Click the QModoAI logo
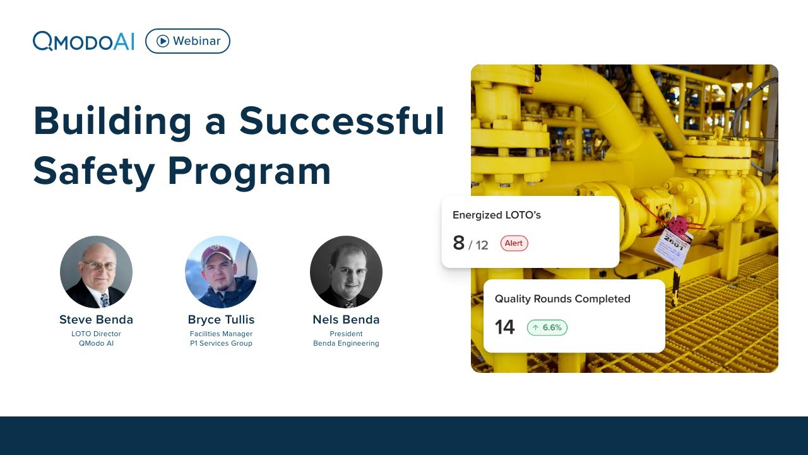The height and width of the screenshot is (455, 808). [x=83, y=41]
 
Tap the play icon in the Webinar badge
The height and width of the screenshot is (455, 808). [x=163, y=41]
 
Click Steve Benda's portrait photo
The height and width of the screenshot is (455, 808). [x=96, y=272]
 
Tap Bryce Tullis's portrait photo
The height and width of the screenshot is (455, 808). [x=221, y=272]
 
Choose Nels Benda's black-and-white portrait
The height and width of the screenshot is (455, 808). [x=346, y=272]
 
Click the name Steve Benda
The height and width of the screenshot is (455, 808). [x=96, y=319]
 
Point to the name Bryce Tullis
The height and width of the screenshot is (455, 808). [x=221, y=319]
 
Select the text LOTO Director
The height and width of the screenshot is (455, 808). [x=96, y=334]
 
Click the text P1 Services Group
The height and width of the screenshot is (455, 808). [x=221, y=343]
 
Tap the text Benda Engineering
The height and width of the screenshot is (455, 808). [x=346, y=343]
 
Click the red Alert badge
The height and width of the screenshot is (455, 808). [x=514, y=243]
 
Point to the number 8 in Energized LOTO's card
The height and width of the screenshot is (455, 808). [x=459, y=243]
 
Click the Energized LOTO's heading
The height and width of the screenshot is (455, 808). [x=497, y=215]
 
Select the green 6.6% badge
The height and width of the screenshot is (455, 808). [x=547, y=327]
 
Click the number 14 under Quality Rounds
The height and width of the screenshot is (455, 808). [x=504, y=327]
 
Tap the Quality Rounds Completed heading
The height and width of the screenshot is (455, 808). [x=562, y=299]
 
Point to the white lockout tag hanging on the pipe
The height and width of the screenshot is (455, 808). [x=672, y=246]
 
